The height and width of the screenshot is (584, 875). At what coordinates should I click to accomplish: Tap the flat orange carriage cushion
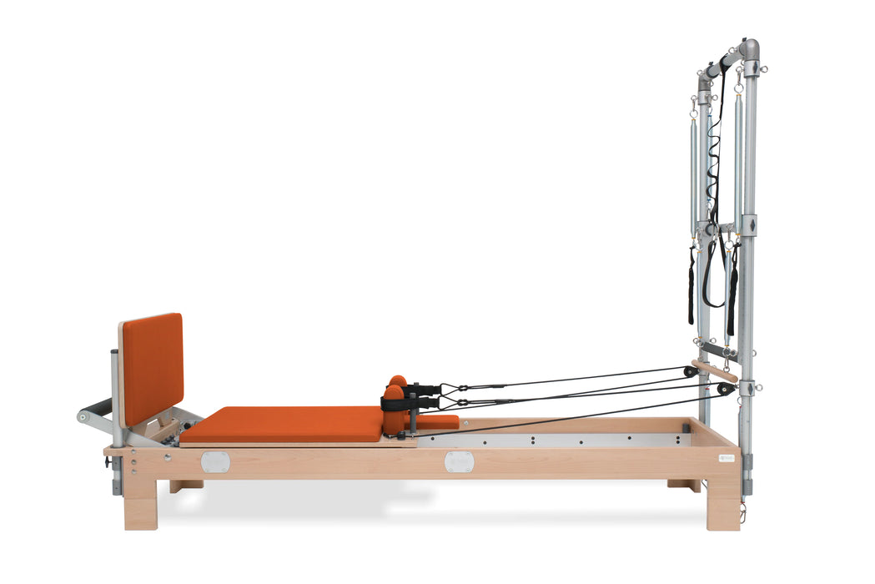click(282, 423)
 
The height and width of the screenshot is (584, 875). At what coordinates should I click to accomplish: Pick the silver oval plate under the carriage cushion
click(214, 462)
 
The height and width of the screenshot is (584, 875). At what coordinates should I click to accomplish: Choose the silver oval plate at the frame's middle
click(458, 461)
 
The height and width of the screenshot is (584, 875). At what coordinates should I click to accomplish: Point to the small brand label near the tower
click(723, 457)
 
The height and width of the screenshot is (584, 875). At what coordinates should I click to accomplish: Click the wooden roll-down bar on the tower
click(715, 370)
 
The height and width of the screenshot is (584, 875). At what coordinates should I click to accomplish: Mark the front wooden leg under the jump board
click(141, 503)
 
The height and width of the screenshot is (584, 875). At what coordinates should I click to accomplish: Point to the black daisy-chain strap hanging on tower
click(713, 184)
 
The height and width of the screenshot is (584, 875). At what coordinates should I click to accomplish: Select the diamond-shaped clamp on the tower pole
click(749, 226)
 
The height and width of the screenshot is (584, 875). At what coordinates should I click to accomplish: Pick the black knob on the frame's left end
click(108, 461)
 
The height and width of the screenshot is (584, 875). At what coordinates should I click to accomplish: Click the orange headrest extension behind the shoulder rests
click(438, 422)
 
